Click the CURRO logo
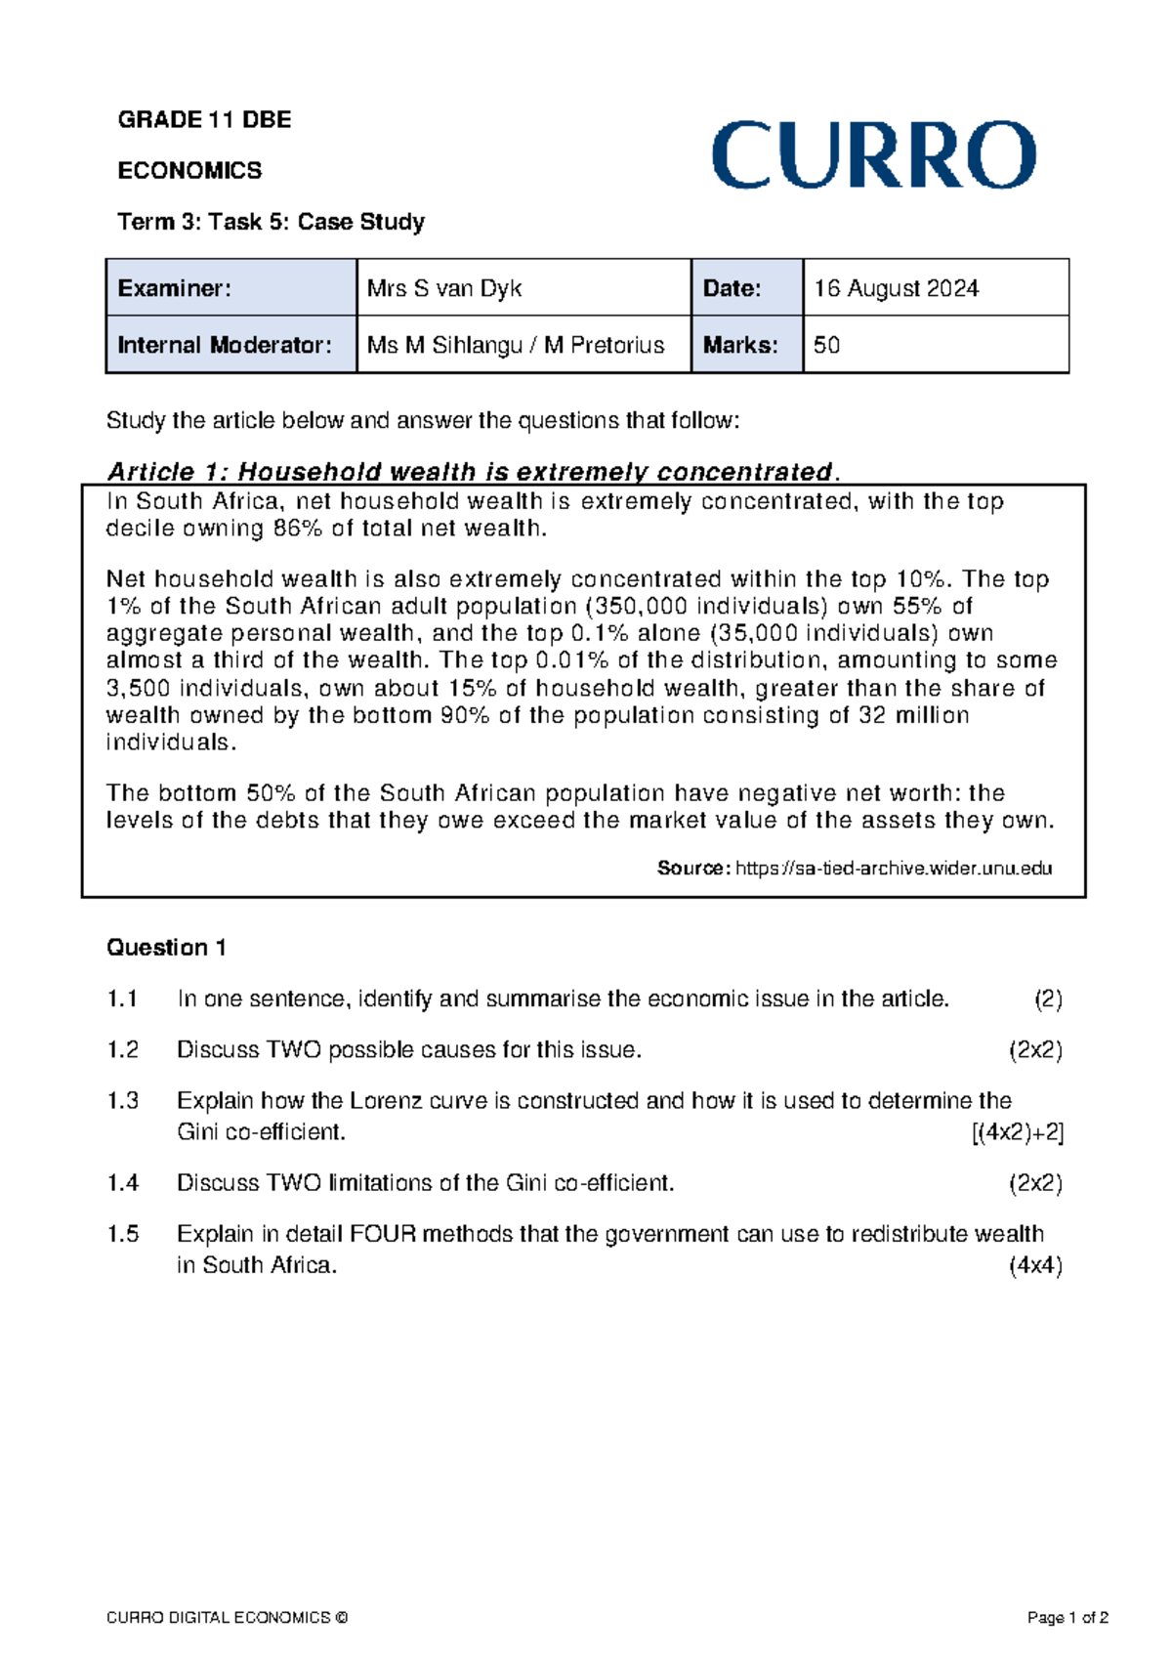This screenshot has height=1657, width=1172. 873,155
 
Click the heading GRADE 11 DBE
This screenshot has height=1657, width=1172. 204,120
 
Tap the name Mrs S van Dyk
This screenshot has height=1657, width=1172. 444,288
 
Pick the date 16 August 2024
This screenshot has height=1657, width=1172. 896,288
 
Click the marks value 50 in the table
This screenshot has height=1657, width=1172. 826,345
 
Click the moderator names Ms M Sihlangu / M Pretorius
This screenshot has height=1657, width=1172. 515,345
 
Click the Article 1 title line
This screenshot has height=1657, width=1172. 472,472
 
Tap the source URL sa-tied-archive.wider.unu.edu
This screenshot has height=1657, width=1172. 893,868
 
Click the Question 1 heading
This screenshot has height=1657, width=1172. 166,947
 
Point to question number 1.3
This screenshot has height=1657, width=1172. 122,1100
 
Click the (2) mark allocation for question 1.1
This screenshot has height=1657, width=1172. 1048,998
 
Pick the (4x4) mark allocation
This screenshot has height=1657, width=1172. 1035,1265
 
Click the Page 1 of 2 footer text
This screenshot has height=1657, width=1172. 1067,1618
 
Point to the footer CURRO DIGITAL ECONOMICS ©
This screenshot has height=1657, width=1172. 227,1618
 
